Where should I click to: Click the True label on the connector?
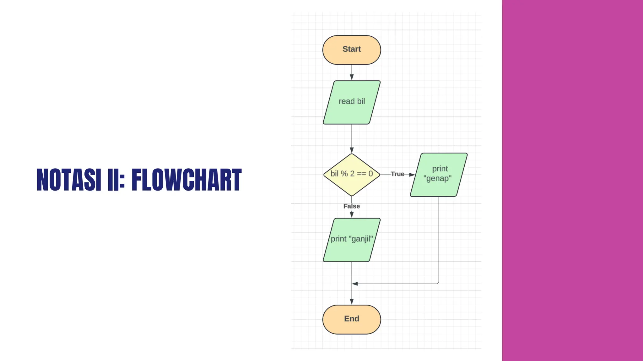click(x=397, y=174)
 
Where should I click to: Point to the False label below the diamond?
click(x=352, y=206)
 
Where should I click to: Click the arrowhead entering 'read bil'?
click(x=352, y=77)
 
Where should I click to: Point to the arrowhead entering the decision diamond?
click(x=352, y=150)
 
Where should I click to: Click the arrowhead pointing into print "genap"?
click(x=412, y=175)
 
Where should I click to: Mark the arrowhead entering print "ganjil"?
click(x=352, y=215)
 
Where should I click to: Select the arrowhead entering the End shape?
click(x=352, y=301)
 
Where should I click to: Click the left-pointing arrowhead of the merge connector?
click(x=355, y=284)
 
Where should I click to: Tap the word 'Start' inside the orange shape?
click(x=352, y=49)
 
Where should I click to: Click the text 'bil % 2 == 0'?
click(x=352, y=174)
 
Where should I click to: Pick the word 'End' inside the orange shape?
click(x=352, y=319)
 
